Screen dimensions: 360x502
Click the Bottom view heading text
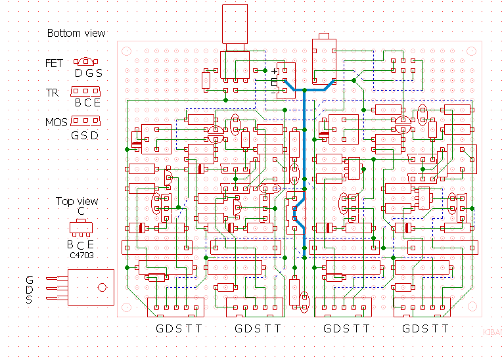pyautogui.click(x=76, y=34)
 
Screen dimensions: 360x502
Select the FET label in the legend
pyautogui.click(x=55, y=64)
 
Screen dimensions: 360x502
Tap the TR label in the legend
pyautogui.click(x=52, y=93)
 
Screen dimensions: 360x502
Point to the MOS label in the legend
pyautogui.click(x=57, y=122)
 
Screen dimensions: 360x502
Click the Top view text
pyautogui.click(x=77, y=202)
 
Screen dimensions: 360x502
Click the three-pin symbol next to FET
pyautogui.click(x=89, y=63)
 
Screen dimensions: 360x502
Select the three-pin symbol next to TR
pyautogui.click(x=85, y=91)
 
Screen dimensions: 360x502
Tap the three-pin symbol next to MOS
pyautogui.click(x=85, y=121)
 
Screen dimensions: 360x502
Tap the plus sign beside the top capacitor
pyautogui.click(x=275, y=71)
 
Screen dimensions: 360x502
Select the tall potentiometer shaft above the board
pyautogui.click(x=235, y=26)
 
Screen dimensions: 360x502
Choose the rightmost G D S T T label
pyautogui.click(x=426, y=328)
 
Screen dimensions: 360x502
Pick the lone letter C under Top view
pyautogui.click(x=81, y=212)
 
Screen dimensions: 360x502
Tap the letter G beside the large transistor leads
pyautogui.click(x=29, y=279)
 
